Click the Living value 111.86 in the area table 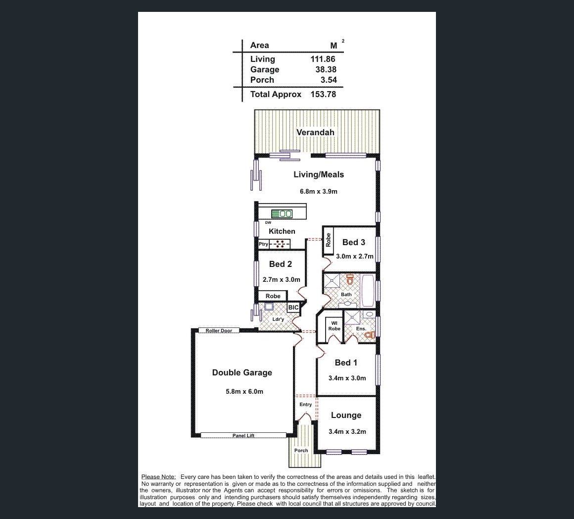tap(323, 59)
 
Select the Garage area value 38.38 tap(326, 69)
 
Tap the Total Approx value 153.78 tap(323, 94)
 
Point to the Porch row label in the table tap(262, 80)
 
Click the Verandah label tap(315, 132)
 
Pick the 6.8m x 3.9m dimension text tap(319, 191)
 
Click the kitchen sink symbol tap(282, 213)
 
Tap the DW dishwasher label tap(268, 223)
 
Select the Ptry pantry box tap(263, 244)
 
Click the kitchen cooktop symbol tap(280, 244)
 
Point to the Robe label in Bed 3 tap(328, 240)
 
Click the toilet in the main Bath tap(350, 279)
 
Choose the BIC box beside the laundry tap(293, 308)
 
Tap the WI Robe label tap(334, 325)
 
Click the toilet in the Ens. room tap(371, 334)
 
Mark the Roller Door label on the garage tap(219, 330)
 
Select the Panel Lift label tap(243, 435)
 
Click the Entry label tap(306, 405)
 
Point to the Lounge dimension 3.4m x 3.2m tap(347, 431)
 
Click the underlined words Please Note tap(158, 477)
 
